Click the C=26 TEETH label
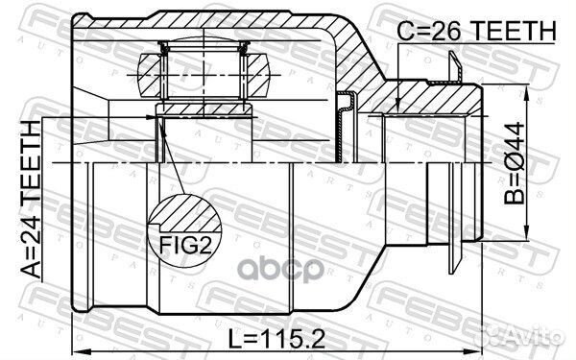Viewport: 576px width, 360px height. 476,31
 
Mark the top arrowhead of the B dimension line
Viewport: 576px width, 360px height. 529,91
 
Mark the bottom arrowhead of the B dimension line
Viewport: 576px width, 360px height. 529,233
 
